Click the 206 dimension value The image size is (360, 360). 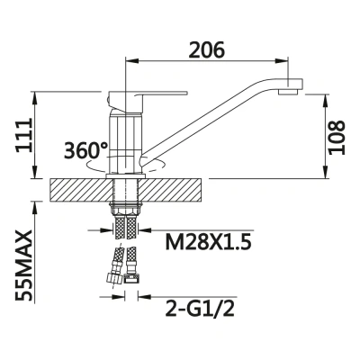(209, 51)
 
